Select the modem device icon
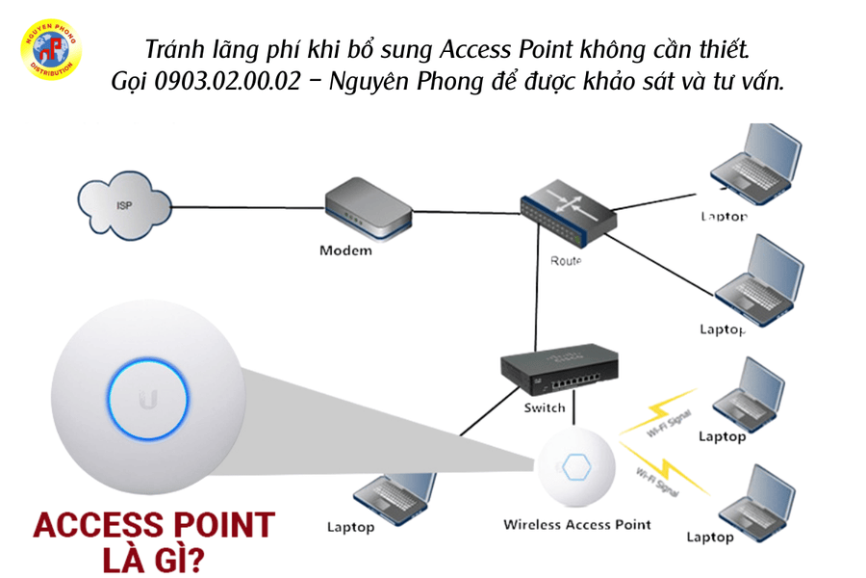367,211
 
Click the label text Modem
345,251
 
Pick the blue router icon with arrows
566,214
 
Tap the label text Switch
545,408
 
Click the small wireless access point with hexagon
577,468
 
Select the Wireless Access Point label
577,525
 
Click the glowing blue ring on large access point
147,400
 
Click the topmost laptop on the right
754,164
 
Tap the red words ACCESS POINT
154,525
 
